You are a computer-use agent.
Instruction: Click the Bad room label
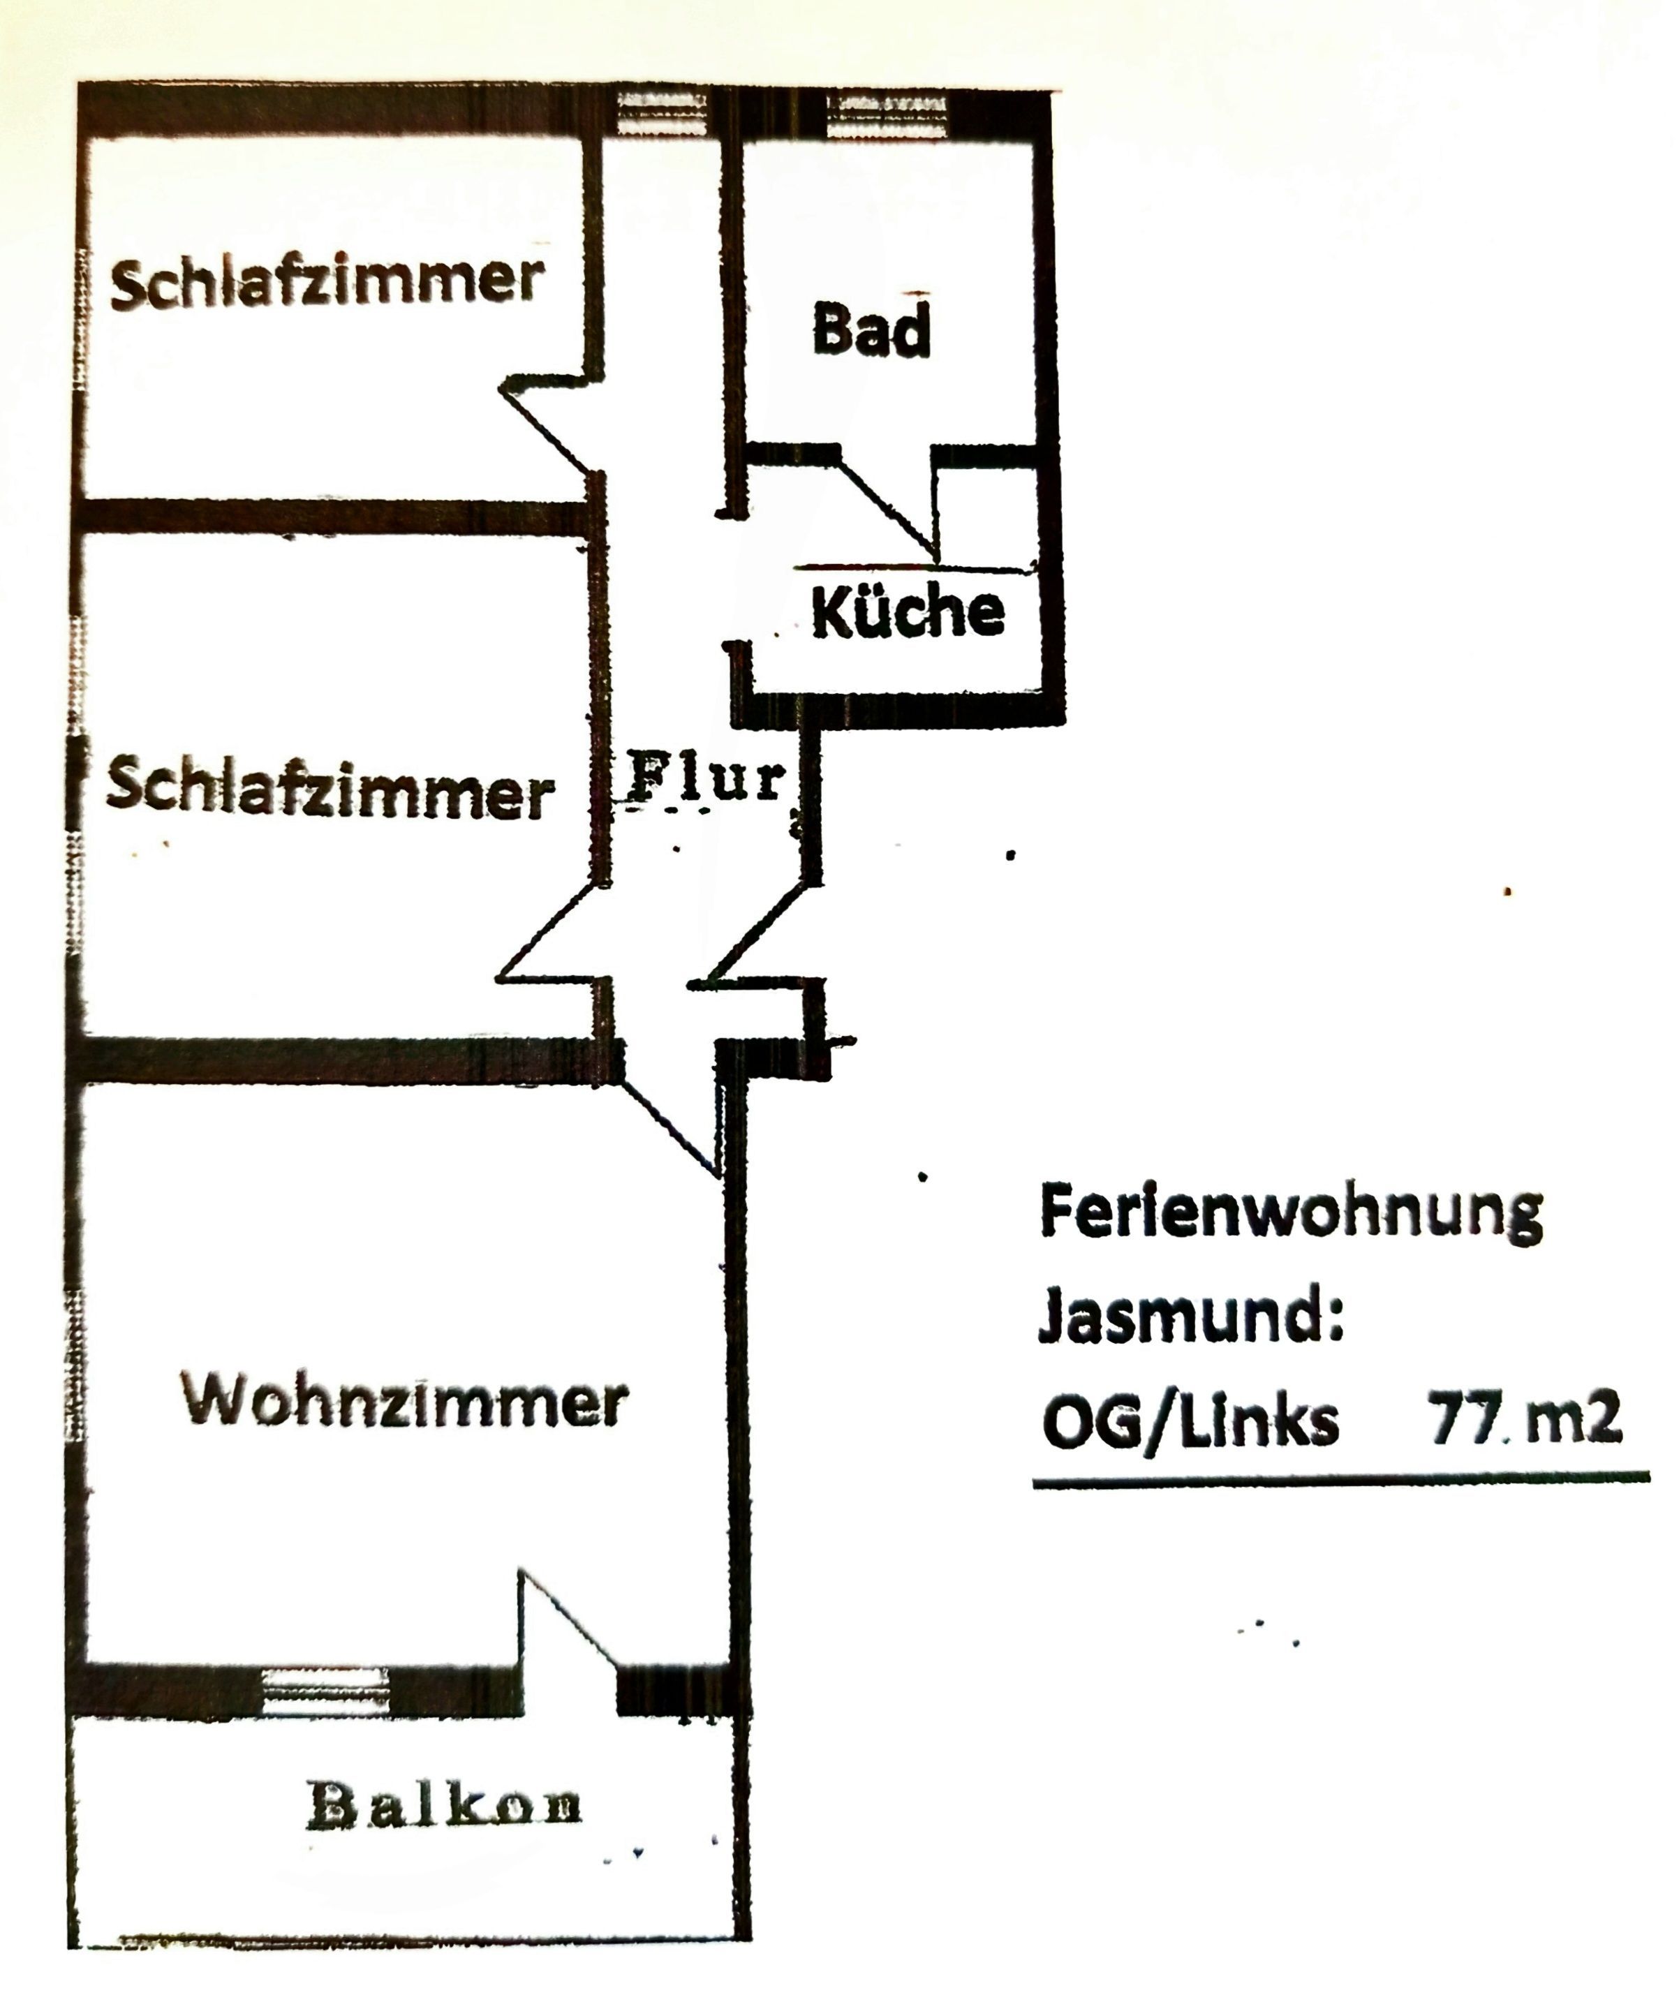pyautogui.click(x=871, y=330)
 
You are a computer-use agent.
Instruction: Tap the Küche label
pyautogui.click(x=908, y=611)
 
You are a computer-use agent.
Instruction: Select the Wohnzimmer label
pyautogui.click(x=404, y=1402)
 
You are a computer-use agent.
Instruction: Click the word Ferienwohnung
pyautogui.click(x=1290, y=1215)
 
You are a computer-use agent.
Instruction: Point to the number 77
pyautogui.click(x=1462, y=1418)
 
